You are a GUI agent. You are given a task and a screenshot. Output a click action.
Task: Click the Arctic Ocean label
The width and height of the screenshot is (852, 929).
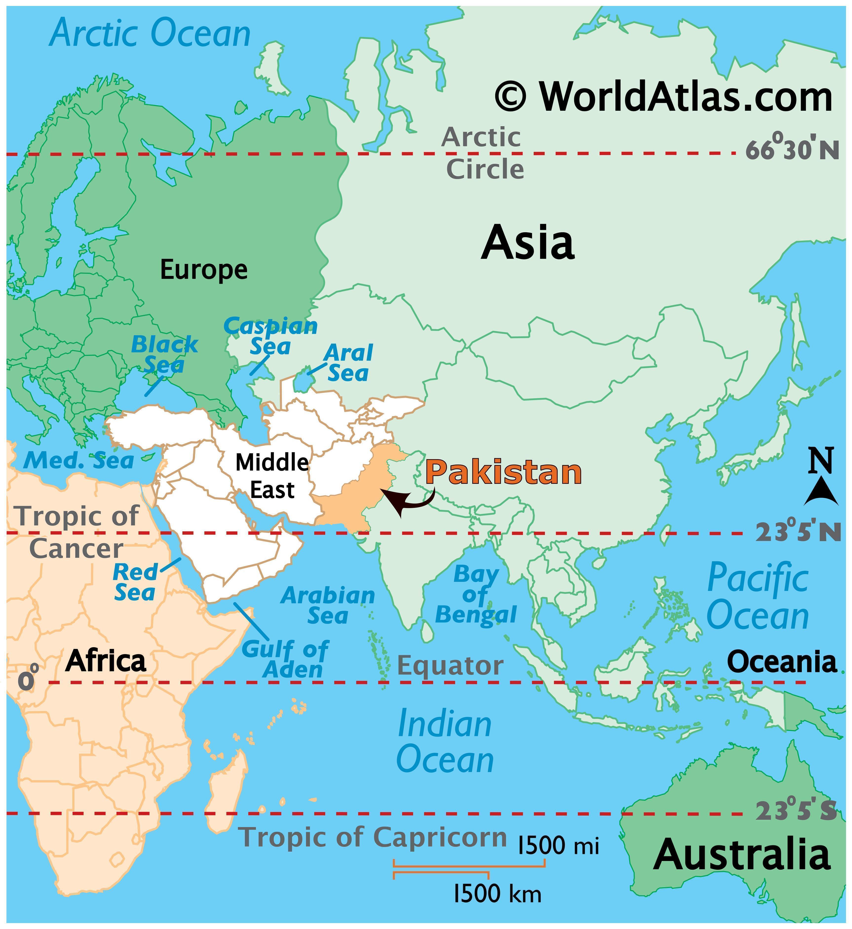[150, 34]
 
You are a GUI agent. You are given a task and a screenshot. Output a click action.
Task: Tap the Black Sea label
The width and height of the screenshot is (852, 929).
[165, 354]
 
